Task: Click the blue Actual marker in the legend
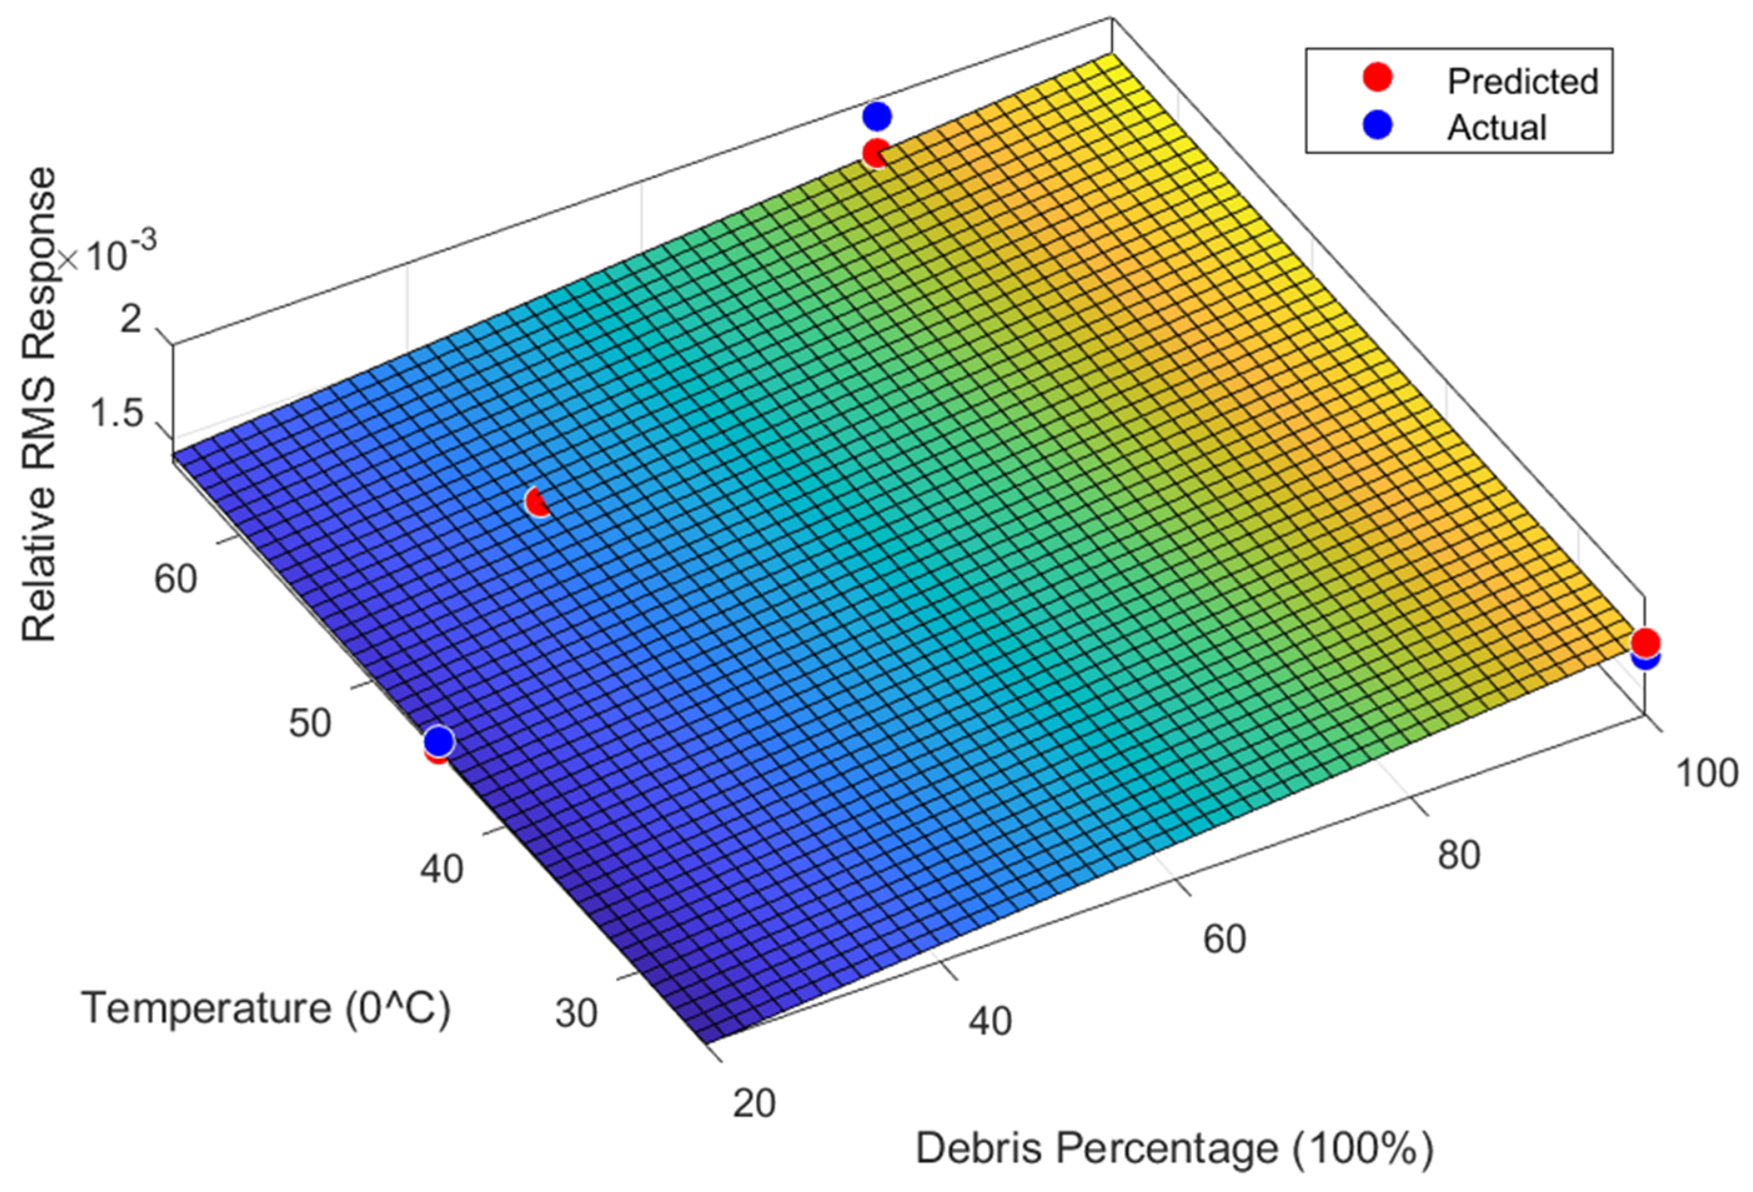point(1378,125)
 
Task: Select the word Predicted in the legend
point(1522,81)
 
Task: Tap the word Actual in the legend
point(1496,127)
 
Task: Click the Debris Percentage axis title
point(1174,1149)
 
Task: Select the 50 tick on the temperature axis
point(309,724)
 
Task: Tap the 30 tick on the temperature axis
point(576,1014)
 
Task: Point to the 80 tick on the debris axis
point(1458,856)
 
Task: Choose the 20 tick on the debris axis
point(754,1104)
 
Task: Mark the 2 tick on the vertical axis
point(131,320)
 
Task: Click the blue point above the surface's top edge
point(876,116)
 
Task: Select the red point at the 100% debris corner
point(1644,642)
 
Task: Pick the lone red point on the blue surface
point(538,502)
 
